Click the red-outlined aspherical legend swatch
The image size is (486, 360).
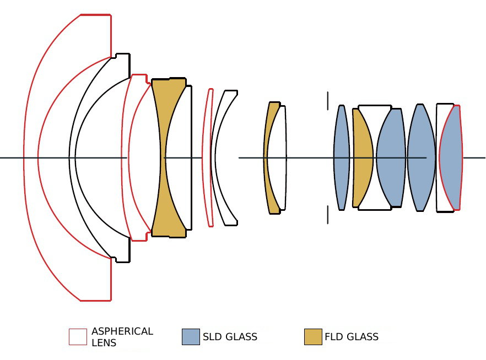click(x=78, y=337)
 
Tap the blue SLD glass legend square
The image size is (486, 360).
click(x=191, y=337)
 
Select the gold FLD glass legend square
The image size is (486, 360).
click(x=313, y=337)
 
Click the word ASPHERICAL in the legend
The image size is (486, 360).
click(x=122, y=331)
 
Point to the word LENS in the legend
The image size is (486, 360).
click(x=104, y=343)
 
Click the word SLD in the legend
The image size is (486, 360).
click(x=212, y=337)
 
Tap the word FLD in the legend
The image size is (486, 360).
click(x=334, y=337)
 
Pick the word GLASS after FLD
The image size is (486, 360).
click(x=363, y=337)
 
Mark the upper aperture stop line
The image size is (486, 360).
click(x=328, y=100)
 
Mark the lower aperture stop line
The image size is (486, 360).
click(x=328, y=215)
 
